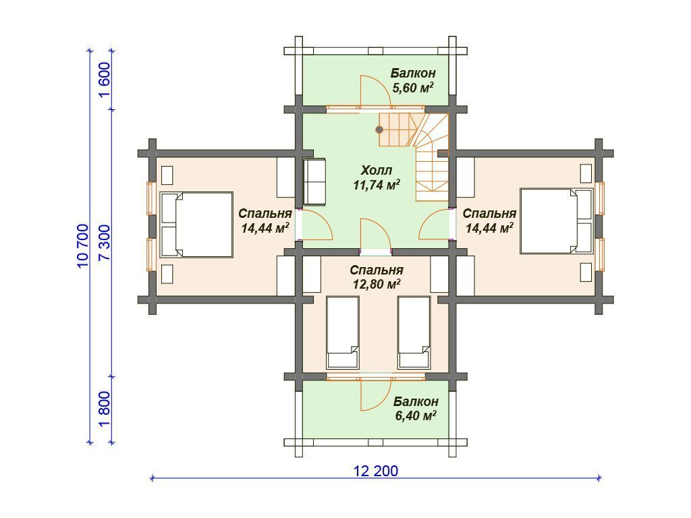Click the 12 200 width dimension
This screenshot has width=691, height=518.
375,471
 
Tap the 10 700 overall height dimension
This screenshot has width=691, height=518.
82,246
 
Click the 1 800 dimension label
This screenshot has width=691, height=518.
105,409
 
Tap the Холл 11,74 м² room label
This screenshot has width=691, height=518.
377,177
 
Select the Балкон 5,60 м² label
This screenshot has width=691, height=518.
413,80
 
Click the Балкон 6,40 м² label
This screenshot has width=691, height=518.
416,408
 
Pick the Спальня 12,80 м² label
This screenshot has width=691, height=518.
377,277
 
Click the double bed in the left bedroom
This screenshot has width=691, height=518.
196,224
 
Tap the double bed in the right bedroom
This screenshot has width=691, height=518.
556,221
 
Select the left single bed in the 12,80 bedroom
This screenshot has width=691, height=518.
342,333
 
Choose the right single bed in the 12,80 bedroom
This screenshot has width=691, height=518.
414,333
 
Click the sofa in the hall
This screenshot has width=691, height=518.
314,181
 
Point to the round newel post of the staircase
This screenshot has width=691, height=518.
379,129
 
